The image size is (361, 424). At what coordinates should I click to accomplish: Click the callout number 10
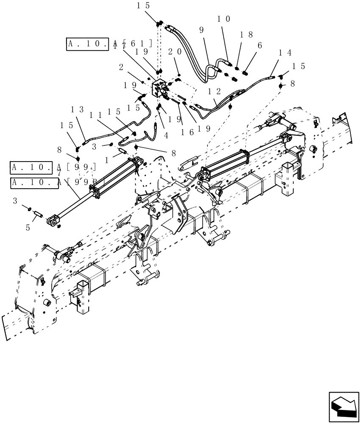pos(224,19)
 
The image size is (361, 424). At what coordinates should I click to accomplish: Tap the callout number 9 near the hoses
pos(201,31)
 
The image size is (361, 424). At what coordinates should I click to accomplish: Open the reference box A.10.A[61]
pos(109,44)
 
